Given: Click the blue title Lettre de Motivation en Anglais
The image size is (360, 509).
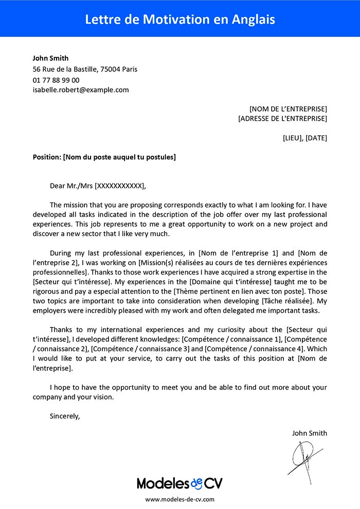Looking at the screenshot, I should point(180,20).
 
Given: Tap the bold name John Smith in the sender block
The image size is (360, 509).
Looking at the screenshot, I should point(50,58).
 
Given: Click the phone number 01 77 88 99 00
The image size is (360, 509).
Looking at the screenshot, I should point(56,80).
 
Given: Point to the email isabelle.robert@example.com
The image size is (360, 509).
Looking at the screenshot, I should point(81,90).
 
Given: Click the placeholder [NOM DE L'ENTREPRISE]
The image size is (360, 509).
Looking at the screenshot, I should point(288,109).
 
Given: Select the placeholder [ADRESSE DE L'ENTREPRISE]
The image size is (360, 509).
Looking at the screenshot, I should point(283,119).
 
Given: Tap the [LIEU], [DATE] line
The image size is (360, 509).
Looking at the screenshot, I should point(305,138).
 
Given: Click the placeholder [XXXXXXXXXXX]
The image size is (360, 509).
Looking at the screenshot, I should point(120,186).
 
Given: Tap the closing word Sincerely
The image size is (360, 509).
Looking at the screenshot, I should point(65,416).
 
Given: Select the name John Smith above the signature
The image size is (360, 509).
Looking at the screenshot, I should point(309,433).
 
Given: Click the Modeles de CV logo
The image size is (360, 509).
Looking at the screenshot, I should point(179,483).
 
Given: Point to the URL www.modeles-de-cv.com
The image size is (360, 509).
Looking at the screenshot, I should point(179,499).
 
